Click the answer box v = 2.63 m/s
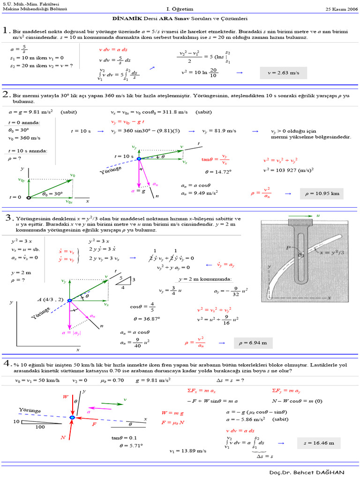[x=283, y=73]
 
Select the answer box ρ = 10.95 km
[x=322, y=193]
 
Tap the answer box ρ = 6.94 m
[x=253, y=343]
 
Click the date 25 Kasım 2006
[x=341, y=9]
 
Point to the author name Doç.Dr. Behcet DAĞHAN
[x=307, y=472]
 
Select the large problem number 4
[x=7, y=364]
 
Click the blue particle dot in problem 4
[x=72, y=417]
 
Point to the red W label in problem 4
[x=66, y=397]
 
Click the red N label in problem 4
[x=63, y=437]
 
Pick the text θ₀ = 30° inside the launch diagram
[x=52, y=193]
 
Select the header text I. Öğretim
[x=180, y=9]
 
